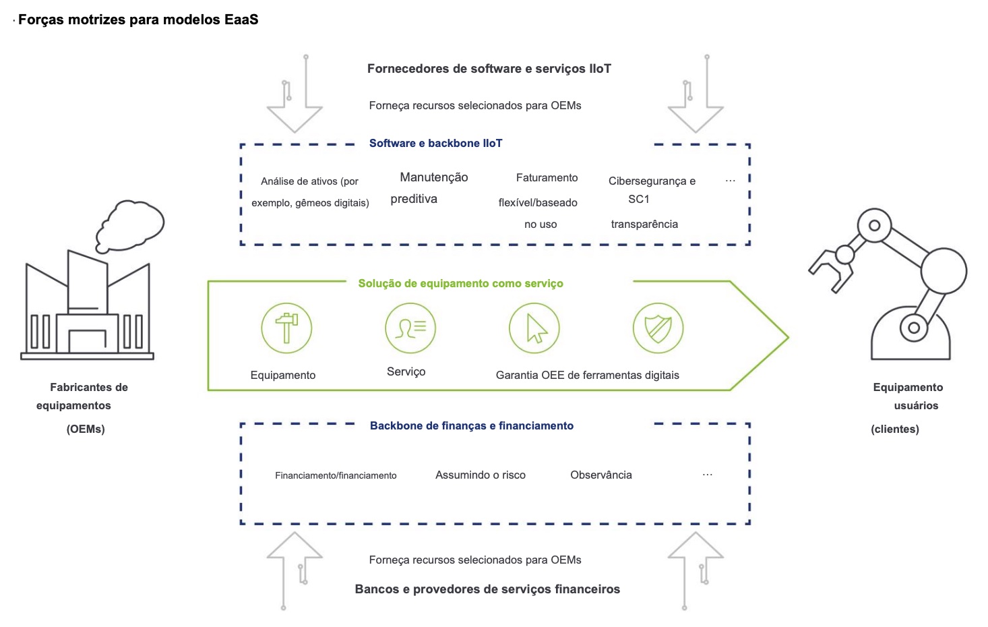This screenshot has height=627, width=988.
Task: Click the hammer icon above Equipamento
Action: tap(286, 328)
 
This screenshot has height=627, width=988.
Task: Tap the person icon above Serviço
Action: tap(410, 328)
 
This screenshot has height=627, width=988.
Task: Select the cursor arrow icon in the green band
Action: tap(534, 328)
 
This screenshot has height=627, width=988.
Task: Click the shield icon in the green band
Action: tap(658, 328)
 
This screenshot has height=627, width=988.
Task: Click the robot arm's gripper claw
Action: tap(828, 268)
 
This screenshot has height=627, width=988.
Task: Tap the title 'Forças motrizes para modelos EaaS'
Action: tap(138, 20)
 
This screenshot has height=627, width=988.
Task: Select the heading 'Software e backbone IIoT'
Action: tap(435, 143)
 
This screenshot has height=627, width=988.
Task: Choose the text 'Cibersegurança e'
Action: tap(652, 181)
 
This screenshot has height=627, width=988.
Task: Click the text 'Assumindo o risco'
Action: tap(481, 475)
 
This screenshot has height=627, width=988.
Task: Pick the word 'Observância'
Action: tap(601, 475)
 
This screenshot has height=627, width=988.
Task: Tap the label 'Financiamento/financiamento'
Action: tap(336, 476)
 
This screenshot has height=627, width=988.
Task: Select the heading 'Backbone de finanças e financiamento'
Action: tap(472, 425)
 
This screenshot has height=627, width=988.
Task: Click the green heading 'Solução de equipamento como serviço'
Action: tap(460, 284)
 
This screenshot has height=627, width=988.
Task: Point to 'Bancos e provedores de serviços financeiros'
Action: tap(487, 589)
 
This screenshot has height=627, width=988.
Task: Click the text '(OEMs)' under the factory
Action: tap(86, 429)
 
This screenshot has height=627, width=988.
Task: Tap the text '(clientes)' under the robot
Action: tap(895, 429)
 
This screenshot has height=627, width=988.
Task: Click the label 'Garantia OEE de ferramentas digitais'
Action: tap(588, 376)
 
